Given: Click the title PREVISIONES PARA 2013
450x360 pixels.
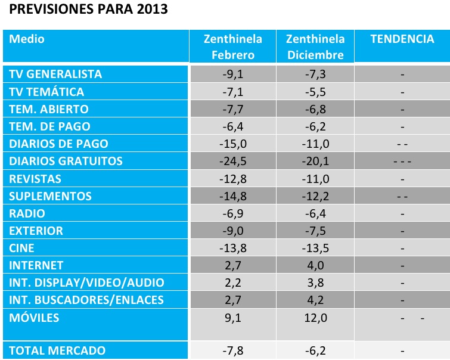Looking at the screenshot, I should click(89, 10).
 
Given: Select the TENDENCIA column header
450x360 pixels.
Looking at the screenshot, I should click(402, 39).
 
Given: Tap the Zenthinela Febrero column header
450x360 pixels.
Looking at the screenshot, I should click(233, 46).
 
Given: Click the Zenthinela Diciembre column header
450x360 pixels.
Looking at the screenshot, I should click(315, 46).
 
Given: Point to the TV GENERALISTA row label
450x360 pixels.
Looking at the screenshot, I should click(56, 75).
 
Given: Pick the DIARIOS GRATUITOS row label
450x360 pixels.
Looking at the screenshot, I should click(66, 161).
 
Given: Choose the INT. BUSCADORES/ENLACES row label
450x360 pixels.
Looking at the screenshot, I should click(86, 299).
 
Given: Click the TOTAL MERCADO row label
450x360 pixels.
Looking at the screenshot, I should click(58, 350).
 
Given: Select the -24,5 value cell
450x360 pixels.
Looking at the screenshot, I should click(233, 161).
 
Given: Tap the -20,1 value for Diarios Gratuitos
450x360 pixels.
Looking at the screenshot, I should click(315, 161).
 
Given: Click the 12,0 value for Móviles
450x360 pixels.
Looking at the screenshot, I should click(315, 318).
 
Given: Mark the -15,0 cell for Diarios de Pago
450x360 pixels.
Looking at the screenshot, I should click(233, 144).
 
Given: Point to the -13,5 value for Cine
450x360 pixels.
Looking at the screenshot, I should click(315, 248).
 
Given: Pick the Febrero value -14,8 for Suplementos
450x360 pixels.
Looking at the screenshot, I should click(233, 196).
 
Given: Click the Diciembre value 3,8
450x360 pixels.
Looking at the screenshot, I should click(315, 283).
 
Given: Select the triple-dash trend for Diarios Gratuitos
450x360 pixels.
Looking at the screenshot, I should click(403, 162).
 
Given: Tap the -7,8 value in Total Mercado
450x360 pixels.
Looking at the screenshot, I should click(233, 350).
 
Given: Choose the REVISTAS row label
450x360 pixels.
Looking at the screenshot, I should click(36, 179).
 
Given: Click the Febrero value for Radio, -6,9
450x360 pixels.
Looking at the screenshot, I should click(233, 213).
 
